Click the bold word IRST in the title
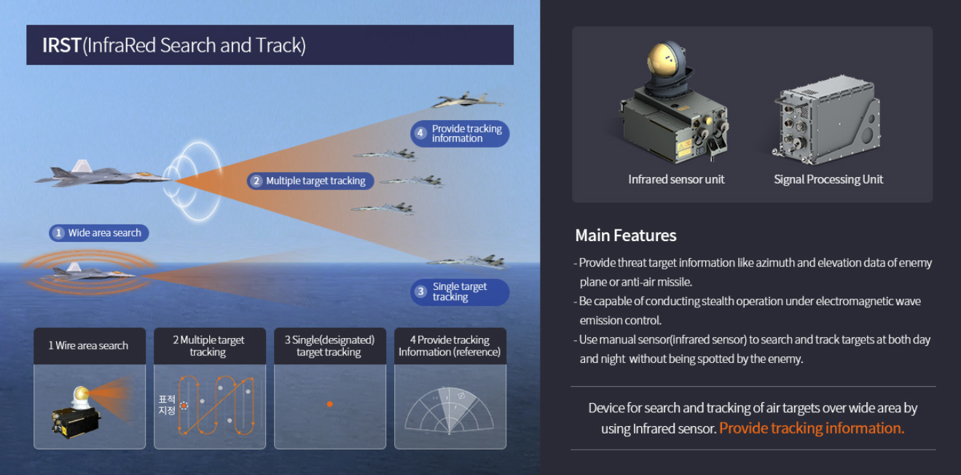pos(62,45)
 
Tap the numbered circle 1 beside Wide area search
pos(58,233)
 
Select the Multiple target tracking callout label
pos(310,181)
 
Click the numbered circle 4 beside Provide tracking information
pos(420,133)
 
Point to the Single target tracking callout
pos(460,292)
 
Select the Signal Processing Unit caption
pos(828,179)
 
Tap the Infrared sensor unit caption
pos(676,179)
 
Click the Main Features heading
pos(626,235)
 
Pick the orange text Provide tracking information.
pos(812,428)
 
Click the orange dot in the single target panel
pos(329,404)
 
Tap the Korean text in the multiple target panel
pos(166,405)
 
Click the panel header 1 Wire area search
pos(88,345)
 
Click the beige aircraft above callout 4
pos(468,101)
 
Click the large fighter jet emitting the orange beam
pos(103,174)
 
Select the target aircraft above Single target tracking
pos(468,261)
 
